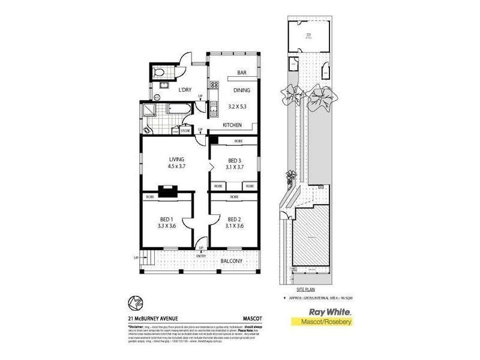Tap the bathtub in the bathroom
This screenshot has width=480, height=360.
[178, 110]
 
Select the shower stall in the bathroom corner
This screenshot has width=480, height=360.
[148, 110]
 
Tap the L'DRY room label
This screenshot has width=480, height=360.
[185, 90]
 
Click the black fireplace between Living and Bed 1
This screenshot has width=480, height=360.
[170, 193]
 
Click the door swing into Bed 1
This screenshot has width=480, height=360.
[188, 224]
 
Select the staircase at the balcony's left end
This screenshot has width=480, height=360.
[148, 260]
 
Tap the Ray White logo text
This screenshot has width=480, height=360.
[329, 312]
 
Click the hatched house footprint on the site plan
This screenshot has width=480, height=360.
[311, 234]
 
